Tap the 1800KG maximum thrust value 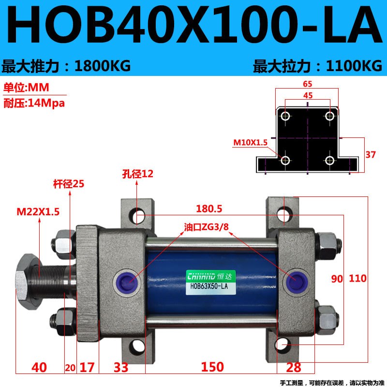click(102, 66)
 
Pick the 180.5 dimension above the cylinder click(209, 209)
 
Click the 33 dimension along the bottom click(121, 367)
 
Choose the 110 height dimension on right click(357, 279)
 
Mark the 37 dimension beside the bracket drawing click(370, 155)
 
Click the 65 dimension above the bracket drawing click(308, 84)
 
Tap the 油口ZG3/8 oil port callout click(206, 226)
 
